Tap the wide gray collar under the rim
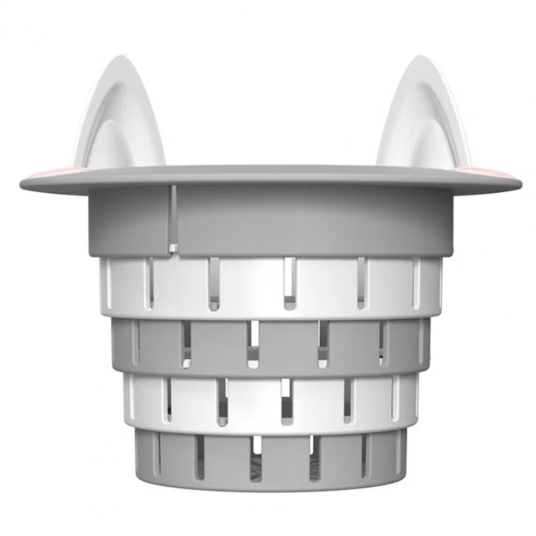click(300, 220)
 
